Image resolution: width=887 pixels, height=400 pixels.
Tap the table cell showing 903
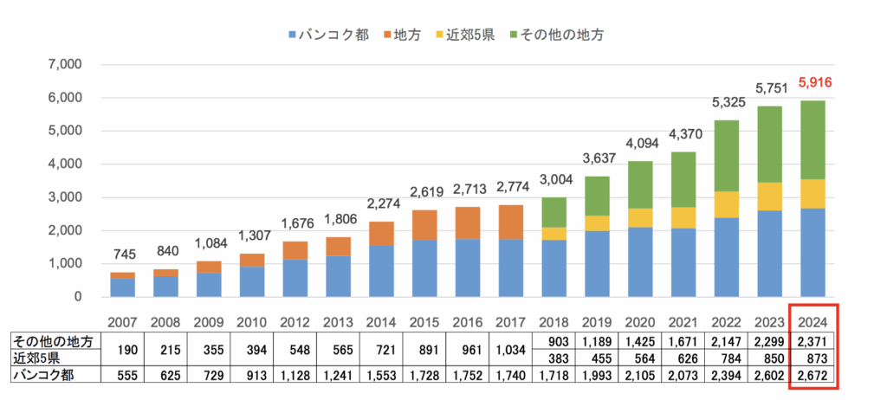pyautogui.click(x=554, y=342)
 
